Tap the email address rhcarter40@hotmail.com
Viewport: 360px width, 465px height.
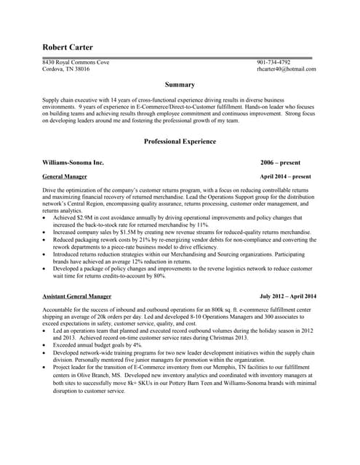pyautogui.click(x=286, y=69)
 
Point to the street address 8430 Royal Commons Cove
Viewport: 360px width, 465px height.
pyautogui.click(x=76, y=62)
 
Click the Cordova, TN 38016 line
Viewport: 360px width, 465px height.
pyautogui.click(x=66, y=69)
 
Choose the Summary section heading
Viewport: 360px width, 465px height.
pyautogui.click(x=180, y=84)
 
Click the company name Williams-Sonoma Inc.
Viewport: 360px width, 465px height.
pyautogui.click(x=73, y=163)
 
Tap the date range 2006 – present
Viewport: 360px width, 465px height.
pyautogui.click(x=280, y=163)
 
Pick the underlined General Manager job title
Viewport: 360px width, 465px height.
pyautogui.click(x=65, y=177)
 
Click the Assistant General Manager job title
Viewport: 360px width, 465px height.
pyautogui.click(x=77, y=296)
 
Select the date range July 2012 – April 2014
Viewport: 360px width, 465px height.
pyautogui.click(x=288, y=296)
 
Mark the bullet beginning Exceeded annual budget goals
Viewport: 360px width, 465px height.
pyautogui.click(x=97, y=345)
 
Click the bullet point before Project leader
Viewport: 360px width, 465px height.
pyautogui.click(x=46, y=367)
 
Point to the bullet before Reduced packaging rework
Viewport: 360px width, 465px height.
pyautogui.click(x=46, y=240)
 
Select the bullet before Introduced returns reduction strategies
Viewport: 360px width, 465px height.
pyautogui.click(x=46, y=254)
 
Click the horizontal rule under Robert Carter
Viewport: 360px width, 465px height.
pyautogui.click(x=179, y=57)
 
